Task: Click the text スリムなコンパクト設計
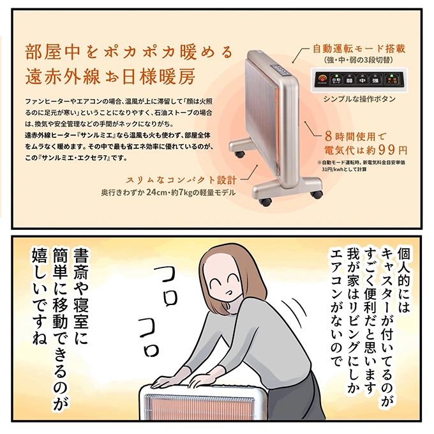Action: pyautogui.click(x=181, y=179)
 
